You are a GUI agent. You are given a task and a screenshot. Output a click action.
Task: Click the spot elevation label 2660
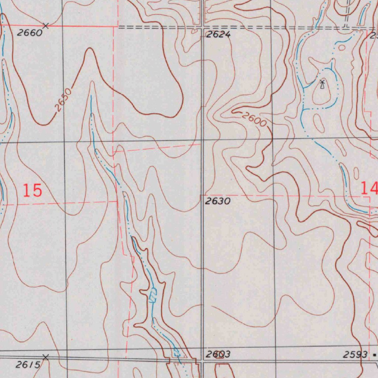point(30,33)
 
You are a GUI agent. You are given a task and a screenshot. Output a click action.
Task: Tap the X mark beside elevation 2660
point(45,25)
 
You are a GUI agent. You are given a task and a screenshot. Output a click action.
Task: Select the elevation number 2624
point(218,35)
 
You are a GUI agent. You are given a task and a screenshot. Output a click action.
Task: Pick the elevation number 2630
point(218,201)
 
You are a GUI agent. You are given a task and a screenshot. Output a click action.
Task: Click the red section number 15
point(32,190)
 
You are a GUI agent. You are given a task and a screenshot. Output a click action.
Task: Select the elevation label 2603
point(218,354)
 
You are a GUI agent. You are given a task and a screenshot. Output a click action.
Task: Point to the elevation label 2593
point(355,355)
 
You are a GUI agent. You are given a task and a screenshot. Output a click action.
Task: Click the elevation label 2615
point(28,365)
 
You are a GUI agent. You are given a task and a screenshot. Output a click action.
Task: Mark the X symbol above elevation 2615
point(45,357)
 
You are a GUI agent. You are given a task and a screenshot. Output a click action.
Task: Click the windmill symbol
point(322,84)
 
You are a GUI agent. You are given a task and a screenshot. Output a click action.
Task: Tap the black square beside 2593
point(375,355)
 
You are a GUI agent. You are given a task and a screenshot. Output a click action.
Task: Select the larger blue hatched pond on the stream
point(153,296)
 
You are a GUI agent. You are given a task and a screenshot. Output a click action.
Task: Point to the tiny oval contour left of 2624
point(195,32)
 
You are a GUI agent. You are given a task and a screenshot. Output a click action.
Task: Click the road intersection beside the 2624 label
point(203,27)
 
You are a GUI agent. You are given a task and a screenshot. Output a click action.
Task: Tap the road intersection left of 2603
point(202,360)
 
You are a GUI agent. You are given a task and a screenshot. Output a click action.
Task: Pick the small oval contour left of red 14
point(356,173)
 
